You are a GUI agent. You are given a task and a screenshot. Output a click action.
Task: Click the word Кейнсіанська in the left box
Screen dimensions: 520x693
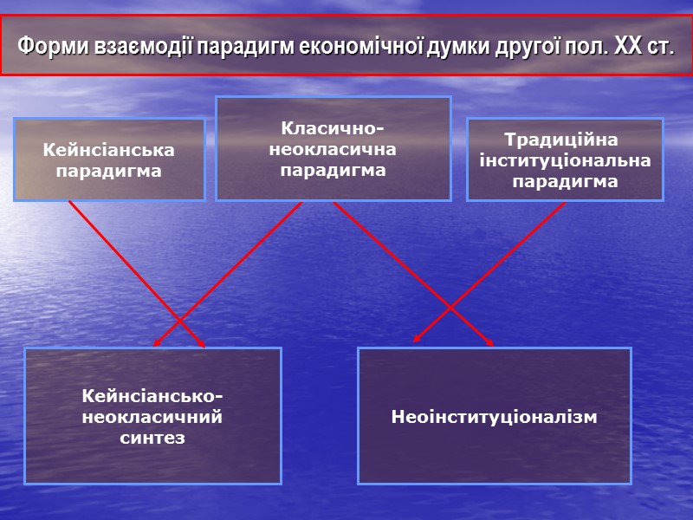(108, 150)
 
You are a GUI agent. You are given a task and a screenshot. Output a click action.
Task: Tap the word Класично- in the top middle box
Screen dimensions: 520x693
(333, 129)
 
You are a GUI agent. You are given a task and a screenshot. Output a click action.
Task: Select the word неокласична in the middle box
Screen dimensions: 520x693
(333, 149)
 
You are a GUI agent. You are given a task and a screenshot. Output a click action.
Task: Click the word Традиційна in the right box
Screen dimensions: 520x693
(564, 140)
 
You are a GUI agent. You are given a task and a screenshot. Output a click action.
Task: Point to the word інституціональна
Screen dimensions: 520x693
(564, 161)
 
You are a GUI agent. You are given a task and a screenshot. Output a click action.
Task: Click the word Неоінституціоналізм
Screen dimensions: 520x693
(494, 417)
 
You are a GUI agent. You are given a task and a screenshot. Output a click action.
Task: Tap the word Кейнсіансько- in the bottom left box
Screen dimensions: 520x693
(152, 397)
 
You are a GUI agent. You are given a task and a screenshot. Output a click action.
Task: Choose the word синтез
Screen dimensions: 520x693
(152, 438)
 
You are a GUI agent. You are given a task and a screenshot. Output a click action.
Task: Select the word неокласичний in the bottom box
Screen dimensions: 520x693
(152, 417)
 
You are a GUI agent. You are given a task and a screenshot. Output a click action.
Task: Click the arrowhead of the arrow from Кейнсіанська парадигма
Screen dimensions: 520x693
(204, 346)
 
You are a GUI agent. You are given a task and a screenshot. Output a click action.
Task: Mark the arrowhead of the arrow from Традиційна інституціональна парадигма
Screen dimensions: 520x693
(414, 341)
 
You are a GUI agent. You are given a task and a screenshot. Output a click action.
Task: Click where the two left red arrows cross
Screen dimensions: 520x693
(179, 320)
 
